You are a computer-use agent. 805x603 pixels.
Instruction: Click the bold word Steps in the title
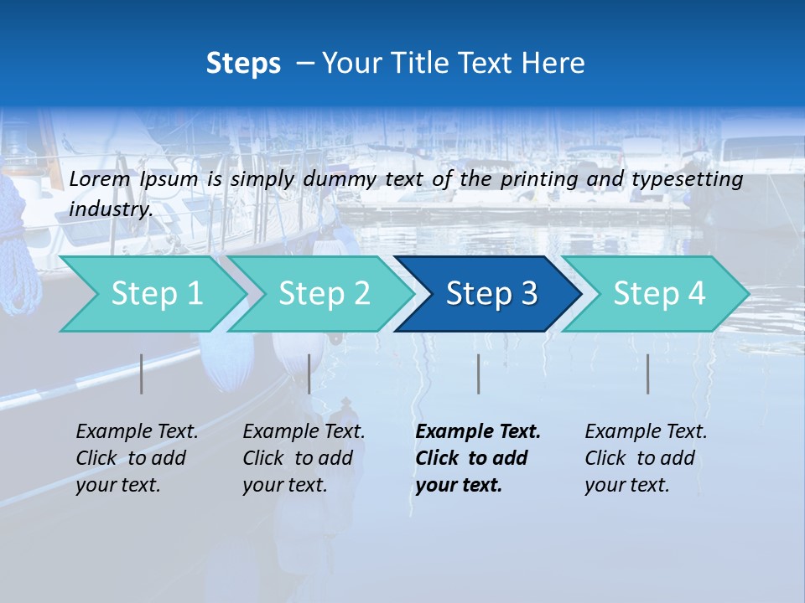click(243, 64)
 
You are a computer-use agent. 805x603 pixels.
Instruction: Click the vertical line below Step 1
click(142, 374)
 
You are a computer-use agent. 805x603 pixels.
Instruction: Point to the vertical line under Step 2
click(309, 374)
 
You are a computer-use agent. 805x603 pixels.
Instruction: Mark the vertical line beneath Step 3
click(479, 374)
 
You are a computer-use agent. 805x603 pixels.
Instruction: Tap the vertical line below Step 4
click(648, 374)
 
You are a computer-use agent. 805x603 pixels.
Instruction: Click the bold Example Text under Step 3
click(478, 432)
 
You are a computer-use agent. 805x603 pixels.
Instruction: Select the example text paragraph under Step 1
click(137, 458)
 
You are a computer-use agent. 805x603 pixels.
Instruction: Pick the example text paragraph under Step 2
click(304, 458)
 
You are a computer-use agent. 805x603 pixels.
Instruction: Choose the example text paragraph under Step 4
click(646, 458)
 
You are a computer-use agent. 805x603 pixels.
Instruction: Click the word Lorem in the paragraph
click(100, 179)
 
